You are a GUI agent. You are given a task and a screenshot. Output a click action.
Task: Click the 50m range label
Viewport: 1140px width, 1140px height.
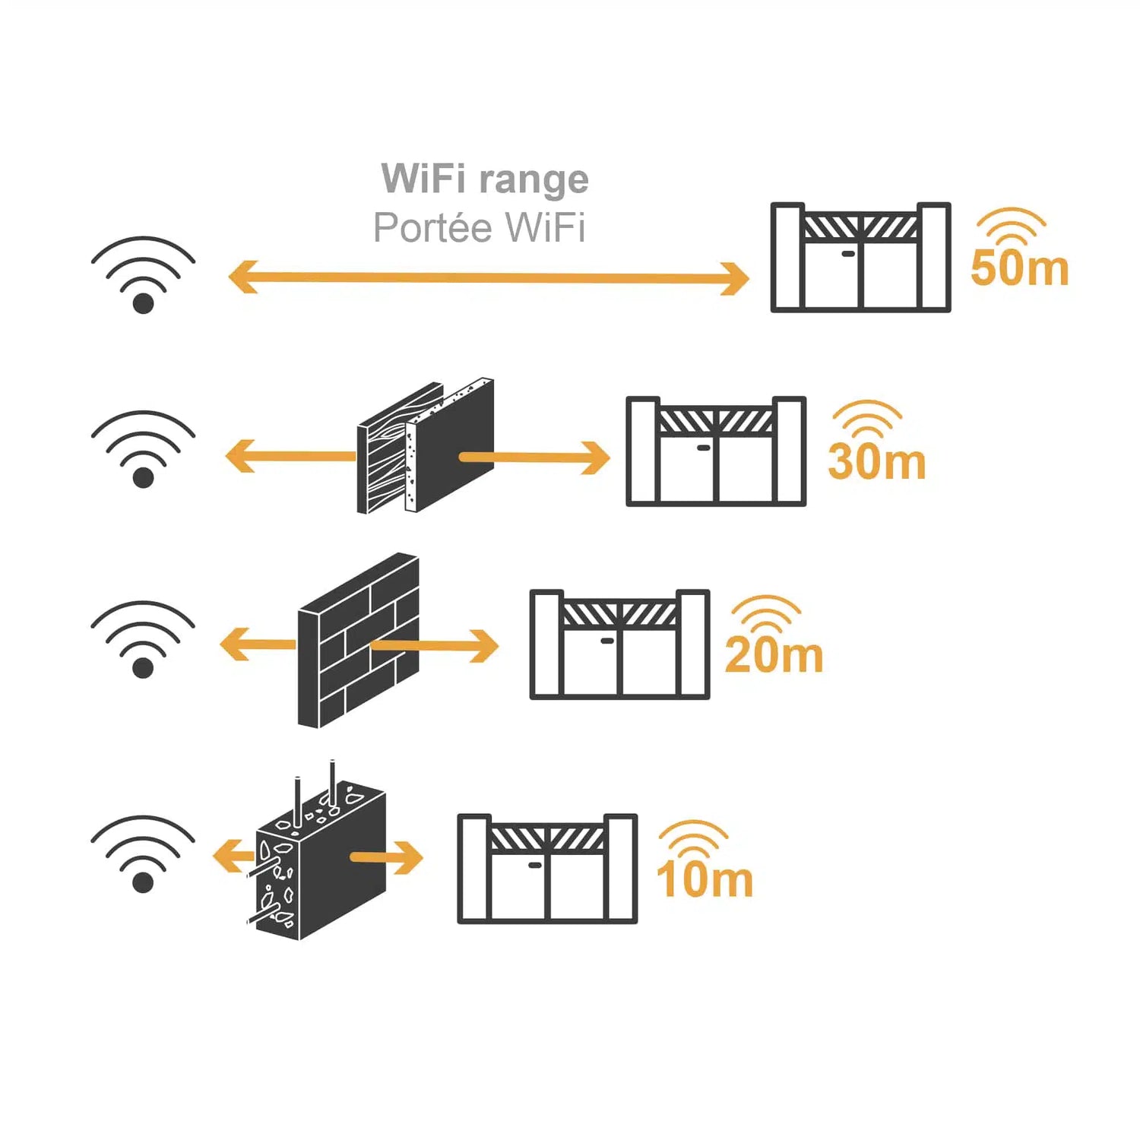(1019, 268)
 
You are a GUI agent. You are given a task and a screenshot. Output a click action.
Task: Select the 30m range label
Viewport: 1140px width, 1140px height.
(876, 462)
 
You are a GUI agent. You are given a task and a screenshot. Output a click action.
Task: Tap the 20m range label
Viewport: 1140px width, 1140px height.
(774, 655)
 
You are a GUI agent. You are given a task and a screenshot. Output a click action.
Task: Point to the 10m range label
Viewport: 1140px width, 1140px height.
(705, 879)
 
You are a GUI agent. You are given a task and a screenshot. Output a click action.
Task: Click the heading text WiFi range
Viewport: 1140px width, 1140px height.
(485, 179)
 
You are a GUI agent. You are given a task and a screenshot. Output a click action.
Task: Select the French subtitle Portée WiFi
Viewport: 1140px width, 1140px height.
(479, 227)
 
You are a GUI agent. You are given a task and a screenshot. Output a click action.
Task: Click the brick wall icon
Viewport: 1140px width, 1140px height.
(358, 641)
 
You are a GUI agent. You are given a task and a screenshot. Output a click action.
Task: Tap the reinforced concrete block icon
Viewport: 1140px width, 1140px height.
(319, 859)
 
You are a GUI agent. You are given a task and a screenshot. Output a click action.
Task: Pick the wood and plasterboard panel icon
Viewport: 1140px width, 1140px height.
(426, 447)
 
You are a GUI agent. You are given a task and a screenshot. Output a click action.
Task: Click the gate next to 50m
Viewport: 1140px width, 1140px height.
(860, 258)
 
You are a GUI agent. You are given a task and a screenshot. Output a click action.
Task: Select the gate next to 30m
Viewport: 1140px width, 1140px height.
(715, 451)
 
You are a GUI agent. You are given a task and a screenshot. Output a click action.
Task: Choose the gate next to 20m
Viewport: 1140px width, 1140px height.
(619, 644)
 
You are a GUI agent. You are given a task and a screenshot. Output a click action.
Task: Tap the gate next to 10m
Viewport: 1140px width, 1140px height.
(547, 869)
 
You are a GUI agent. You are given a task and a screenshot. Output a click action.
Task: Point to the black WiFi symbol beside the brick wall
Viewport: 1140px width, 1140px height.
(143, 640)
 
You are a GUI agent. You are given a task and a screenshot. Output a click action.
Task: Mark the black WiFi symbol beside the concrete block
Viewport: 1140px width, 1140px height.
(143, 854)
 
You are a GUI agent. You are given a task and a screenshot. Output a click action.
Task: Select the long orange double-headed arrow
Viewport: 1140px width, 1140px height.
(488, 278)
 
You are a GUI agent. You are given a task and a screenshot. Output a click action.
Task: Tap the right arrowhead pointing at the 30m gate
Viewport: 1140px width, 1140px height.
(594, 458)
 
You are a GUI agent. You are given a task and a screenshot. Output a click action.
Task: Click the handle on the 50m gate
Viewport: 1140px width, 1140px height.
(848, 254)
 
